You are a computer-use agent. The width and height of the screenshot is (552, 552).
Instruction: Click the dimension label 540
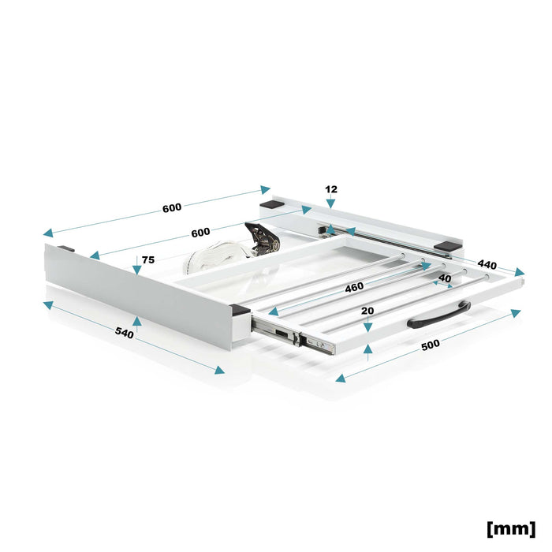pyautogui.click(x=125, y=333)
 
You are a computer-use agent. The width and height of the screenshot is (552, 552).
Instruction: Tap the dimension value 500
pyautogui.click(x=431, y=345)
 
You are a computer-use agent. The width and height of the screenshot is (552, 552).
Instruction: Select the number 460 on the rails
pyautogui.click(x=354, y=288)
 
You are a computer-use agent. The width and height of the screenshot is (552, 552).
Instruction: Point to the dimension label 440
pyautogui.click(x=487, y=264)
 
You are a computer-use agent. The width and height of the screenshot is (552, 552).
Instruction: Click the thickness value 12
pyautogui.click(x=331, y=189)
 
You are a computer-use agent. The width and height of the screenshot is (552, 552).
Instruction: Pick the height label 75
pyautogui.click(x=148, y=259)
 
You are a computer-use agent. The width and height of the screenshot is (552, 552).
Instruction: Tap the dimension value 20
pyautogui.click(x=367, y=311)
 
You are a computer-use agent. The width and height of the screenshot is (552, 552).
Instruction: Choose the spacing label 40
pyautogui.click(x=445, y=278)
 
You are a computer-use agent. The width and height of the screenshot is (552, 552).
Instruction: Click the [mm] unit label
pyautogui.click(x=511, y=528)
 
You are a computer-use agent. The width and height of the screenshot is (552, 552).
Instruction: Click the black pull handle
pyautogui.click(x=439, y=315)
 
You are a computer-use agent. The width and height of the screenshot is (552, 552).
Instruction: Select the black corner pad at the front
pyautogui.click(x=240, y=310)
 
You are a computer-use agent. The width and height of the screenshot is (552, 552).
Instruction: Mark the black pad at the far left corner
pyautogui.click(x=65, y=249)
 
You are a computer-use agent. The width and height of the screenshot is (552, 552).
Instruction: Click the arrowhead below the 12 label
pyautogui.click(x=330, y=203)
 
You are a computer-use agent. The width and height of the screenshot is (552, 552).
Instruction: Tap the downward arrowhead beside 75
pyautogui.click(x=137, y=270)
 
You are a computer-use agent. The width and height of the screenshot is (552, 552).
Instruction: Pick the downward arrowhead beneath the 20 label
pyautogui.click(x=367, y=328)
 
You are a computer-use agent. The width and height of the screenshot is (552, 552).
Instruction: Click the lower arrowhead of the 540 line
pyautogui.click(x=220, y=370)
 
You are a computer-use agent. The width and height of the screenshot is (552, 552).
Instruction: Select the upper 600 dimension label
pyautogui.click(x=172, y=207)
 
